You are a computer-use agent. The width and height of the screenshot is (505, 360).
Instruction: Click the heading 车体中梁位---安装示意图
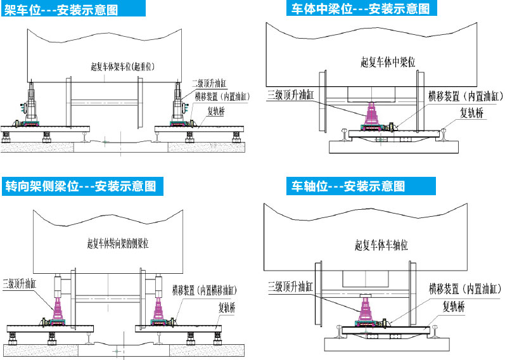pos(361,9)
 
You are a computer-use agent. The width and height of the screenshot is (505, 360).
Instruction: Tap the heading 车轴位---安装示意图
pos(348,187)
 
